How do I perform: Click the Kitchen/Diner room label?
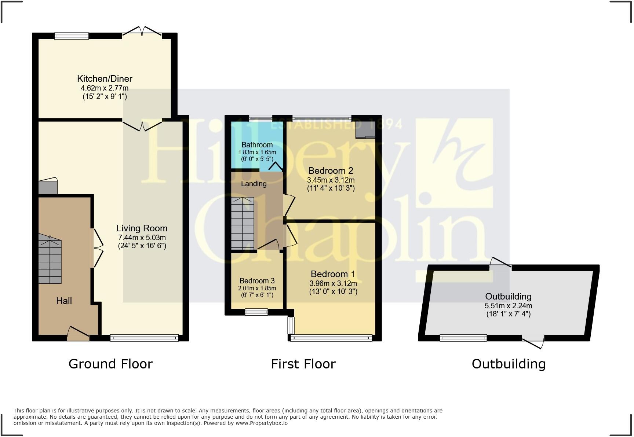point(105,78)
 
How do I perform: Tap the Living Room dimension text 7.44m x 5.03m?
point(142,238)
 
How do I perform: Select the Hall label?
point(64,301)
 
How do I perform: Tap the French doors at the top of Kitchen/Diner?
point(142,32)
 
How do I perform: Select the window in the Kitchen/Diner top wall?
point(72,36)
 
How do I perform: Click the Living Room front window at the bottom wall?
point(144,338)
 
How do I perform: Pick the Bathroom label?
point(257,145)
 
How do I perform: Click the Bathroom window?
point(260,118)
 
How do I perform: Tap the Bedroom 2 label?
point(331,170)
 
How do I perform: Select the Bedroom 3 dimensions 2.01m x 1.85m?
point(257,289)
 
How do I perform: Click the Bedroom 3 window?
point(256,312)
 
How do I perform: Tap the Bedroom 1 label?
point(333,274)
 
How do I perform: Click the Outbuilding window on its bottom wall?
point(463,338)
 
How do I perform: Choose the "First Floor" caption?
point(303,364)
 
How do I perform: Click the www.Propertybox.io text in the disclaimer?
point(261,423)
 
